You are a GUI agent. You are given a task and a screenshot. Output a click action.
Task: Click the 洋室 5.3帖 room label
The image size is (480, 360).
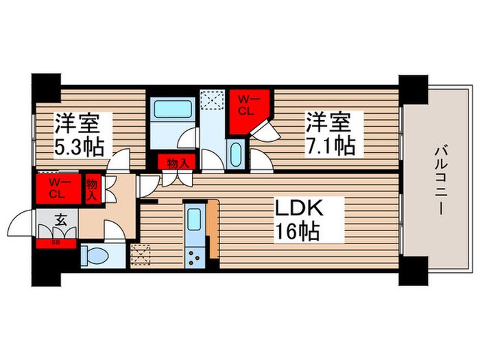pyautogui.click(x=79, y=134)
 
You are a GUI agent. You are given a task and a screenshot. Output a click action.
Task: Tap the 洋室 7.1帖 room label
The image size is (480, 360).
pyautogui.click(x=329, y=134)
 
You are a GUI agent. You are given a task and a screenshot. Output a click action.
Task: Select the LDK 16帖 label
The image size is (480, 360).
pyautogui.click(x=298, y=219)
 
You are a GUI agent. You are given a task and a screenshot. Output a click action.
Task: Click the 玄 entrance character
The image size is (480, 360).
pyautogui.click(x=60, y=221)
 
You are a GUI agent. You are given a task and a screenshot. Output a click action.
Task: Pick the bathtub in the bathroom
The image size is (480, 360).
pyautogui.click(x=172, y=110)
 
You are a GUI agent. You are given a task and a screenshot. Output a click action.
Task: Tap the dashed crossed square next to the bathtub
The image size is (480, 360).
pyautogui.click(x=211, y=101)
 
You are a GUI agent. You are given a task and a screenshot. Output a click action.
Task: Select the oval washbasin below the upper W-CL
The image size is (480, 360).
pyautogui.click(x=236, y=152)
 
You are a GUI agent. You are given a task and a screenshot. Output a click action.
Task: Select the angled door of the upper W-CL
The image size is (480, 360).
pyautogui.click(x=262, y=128)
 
